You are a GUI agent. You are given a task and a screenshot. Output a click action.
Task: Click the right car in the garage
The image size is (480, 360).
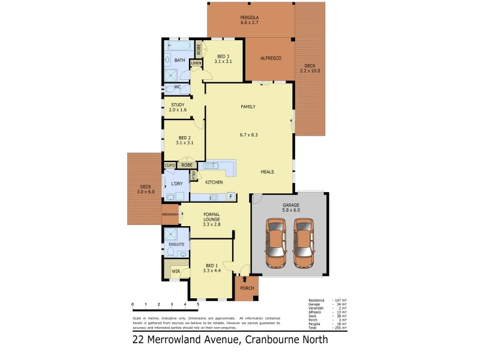(x=304, y=244)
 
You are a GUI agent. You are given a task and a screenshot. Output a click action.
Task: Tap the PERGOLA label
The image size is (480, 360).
(x=249, y=17)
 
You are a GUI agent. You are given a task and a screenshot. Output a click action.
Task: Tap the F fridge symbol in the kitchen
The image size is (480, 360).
(x=230, y=196)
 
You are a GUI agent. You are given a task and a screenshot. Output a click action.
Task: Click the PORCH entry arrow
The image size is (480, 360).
(x=245, y=279)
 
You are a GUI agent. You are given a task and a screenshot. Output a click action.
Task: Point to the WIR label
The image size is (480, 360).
(x=175, y=272)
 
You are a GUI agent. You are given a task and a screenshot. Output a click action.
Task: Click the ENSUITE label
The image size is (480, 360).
(x=176, y=245)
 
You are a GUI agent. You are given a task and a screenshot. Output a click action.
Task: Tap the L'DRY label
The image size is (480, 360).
(x=176, y=184)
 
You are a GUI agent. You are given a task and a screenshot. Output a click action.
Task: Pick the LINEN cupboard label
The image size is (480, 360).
(x=196, y=63)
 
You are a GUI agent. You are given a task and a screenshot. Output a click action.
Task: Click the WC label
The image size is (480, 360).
(x=177, y=87)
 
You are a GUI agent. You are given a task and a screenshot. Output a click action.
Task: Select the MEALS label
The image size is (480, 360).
(x=267, y=172)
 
